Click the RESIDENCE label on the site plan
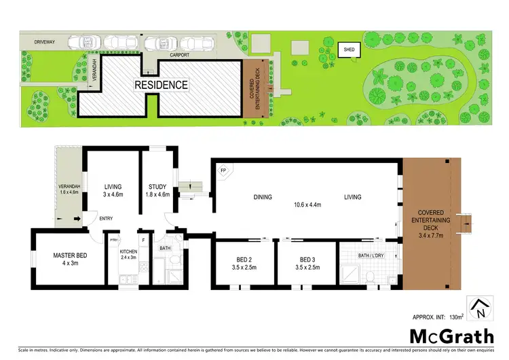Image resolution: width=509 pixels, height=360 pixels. (x=160, y=85)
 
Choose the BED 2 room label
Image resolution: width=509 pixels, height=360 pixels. (x=242, y=259)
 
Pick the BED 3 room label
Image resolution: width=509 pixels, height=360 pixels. (x=307, y=259)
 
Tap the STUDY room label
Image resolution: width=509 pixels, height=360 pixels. (x=157, y=188)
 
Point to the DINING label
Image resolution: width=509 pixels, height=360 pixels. (x=263, y=198)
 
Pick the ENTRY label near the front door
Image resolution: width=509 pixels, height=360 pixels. (x=107, y=219)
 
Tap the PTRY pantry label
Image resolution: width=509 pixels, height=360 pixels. (x=114, y=239)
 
